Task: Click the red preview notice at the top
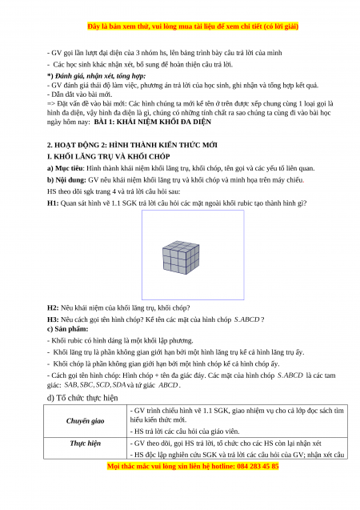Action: [x=193, y=26]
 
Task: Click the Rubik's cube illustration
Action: [x=181, y=257]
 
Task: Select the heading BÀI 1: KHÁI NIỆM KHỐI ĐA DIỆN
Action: [x=152, y=122]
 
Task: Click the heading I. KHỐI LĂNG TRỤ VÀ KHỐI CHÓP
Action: [x=109, y=156]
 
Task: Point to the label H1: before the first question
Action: [x=53, y=203]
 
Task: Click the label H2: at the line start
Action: [x=53, y=307]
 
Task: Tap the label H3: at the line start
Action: [x=53, y=319]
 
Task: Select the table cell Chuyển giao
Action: [x=85, y=421]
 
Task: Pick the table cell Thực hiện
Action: [x=85, y=444]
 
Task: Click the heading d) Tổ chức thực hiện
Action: [x=82, y=398]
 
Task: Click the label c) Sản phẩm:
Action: [x=67, y=329]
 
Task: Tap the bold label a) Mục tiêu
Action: [x=66, y=168]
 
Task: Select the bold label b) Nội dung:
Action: [x=66, y=180]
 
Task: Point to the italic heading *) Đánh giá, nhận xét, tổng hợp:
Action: [x=96, y=76]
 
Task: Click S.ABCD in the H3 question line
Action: [x=246, y=319]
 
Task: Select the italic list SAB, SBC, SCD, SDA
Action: [x=95, y=385]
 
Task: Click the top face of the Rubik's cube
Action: [x=181, y=246]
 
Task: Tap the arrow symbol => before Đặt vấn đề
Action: [x=51, y=104]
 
